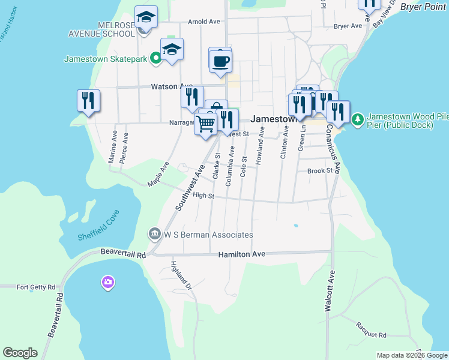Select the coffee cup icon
click(221, 61)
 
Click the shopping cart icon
click(206, 124)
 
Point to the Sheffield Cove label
click(99, 225)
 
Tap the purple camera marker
click(108, 282)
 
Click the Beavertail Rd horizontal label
click(124, 254)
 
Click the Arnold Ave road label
click(204, 21)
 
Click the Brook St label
click(319, 170)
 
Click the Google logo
click(20, 353)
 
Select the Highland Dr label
click(180, 275)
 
